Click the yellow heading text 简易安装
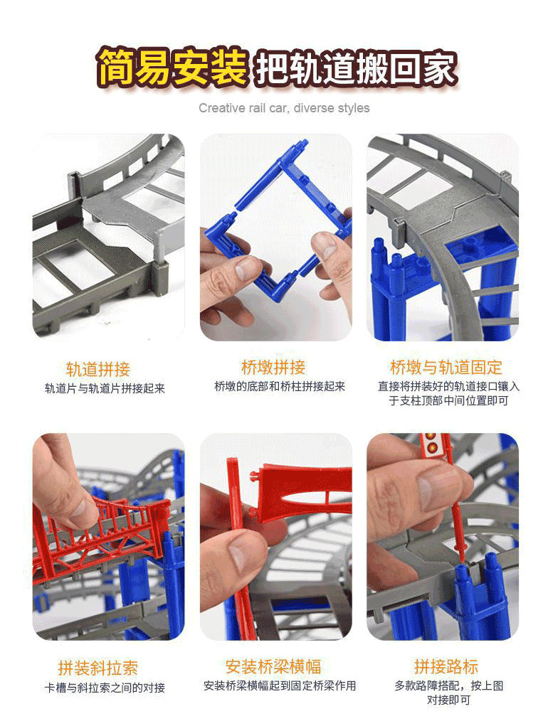pyautogui.click(x=172, y=68)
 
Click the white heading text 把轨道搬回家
pyautogui.click(x=357, y=68)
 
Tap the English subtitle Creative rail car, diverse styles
pyautogui.click(x=284, y=108)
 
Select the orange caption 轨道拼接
pyautogui.click(x=98, y=369)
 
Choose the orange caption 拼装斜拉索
pyautogui.click(x=98, y=668)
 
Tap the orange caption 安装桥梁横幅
pyautogui.click(x=273, y=667)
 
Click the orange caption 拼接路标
pyautogui.click(x=446, y=667)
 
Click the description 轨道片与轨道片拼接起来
pyautogui.click(x=105, y=388)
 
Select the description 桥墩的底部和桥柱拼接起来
pyautogui.click(x=280, y=387)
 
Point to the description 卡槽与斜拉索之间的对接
pyautogui.click(x=105, y=688)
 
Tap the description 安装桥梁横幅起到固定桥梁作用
pyautogui.click(x=280, y=686)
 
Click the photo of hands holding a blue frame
pyautogui.click(x=275, y=237)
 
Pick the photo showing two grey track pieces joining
pyautogui.click(x=108, y=237)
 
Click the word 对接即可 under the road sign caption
pyautogui.click(x=448, y=700)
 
